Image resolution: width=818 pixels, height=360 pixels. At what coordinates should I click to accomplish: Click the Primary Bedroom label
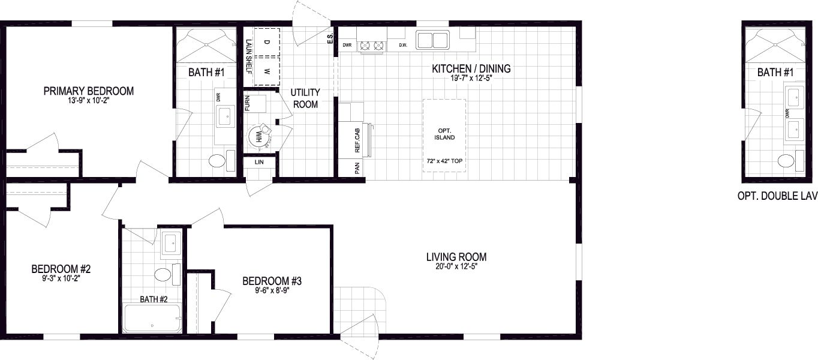coord(88,91)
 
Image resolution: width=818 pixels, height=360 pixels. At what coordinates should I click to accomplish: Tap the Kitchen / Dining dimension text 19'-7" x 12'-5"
coord(471,78)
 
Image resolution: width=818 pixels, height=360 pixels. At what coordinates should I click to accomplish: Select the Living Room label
coord(456,257)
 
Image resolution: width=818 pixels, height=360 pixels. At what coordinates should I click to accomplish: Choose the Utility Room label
coord(305,98)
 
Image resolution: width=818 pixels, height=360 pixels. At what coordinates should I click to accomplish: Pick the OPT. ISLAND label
coord(445,134)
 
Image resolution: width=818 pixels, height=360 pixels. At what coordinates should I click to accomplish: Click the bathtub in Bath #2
coord(152,319)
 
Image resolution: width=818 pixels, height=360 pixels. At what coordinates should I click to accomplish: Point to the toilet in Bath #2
coord(162,275)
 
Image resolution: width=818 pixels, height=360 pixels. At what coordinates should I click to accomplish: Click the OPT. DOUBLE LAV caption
coord(777,196)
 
